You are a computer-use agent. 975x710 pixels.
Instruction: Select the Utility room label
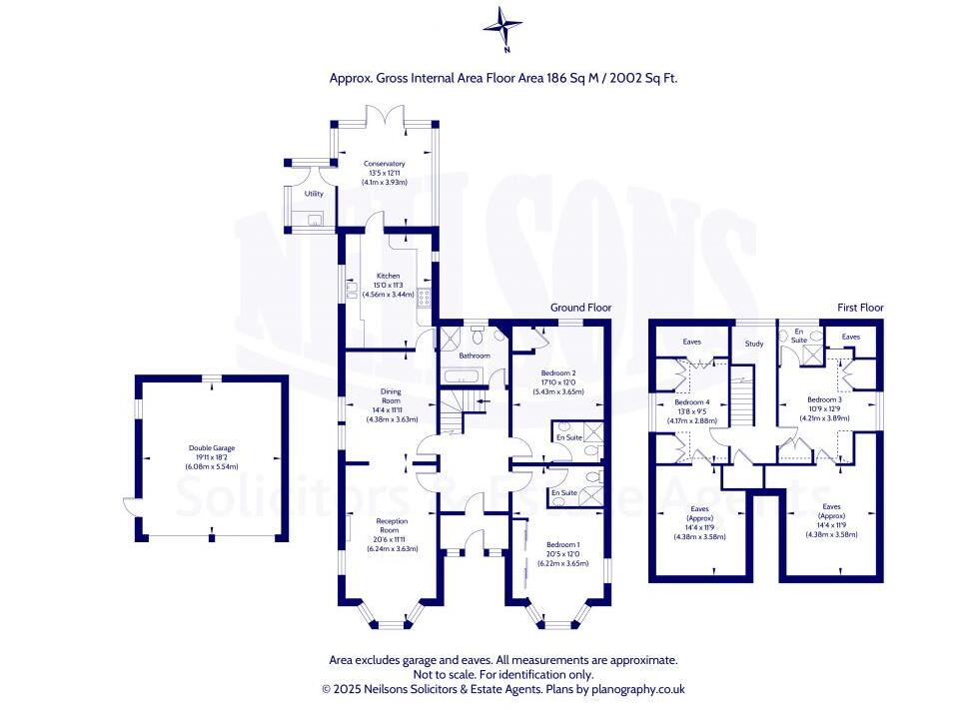point(314,194)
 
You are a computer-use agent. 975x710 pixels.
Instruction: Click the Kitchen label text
point(388,276)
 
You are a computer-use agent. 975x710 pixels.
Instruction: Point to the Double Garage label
point(211,449)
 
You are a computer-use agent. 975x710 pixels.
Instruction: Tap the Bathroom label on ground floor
point(475,355)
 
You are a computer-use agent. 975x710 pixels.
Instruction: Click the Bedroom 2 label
point(558,372)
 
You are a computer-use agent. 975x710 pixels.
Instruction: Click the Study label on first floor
point(754,346)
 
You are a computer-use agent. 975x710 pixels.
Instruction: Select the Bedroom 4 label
point(691,402)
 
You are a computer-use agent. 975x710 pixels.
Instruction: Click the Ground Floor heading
point(580,308)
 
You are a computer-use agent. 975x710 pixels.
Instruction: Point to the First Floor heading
point(860,308)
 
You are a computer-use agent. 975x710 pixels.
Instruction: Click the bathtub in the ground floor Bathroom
point(463,375)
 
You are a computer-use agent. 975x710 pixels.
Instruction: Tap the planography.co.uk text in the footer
point(637,689)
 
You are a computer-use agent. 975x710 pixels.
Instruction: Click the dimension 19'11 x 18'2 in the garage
point(211,458)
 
